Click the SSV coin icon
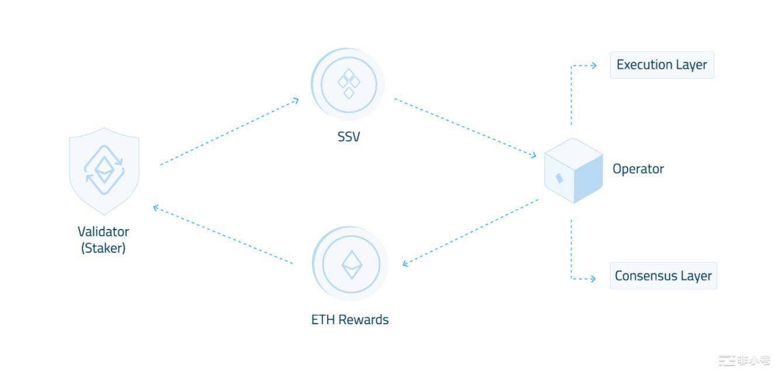pos(348,84)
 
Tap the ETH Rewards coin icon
pos(351,264)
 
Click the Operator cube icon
pos(573,171)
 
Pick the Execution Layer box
pos(662,65)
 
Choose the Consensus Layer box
pos(663,276)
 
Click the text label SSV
pos(348,137)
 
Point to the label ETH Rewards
pos(350,320)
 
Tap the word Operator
pos(638,169)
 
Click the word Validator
pos(103,231)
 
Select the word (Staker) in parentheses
pos(103,248)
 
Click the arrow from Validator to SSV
pos(229,132)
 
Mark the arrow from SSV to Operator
pos(465,127)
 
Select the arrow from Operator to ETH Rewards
pos(471,232)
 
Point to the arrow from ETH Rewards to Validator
pos(223,235)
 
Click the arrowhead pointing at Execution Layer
pos(593,65)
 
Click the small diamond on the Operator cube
pos(559,178)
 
